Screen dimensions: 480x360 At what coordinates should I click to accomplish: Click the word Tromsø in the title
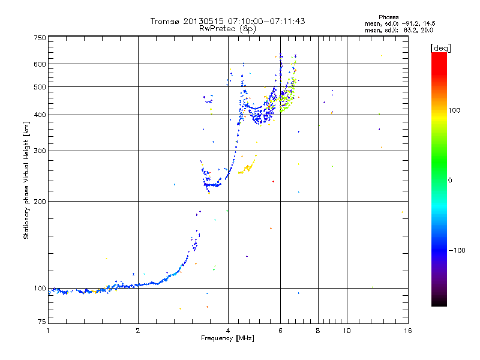pos(164,21)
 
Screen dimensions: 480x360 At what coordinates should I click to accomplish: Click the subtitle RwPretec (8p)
pos(227,29)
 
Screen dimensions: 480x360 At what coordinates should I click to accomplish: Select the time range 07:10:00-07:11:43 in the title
pos(266,21)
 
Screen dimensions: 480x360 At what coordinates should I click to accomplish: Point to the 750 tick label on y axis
pos(40,38)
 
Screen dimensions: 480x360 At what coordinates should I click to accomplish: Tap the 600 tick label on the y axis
pos(40,64)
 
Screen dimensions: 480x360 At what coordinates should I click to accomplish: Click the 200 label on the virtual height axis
pos(40,202)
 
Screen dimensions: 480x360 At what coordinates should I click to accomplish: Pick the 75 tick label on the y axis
pos(42,322)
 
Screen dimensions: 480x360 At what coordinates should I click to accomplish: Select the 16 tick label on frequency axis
pos(408,331)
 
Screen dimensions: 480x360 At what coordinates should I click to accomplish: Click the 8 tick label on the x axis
pos(318,331)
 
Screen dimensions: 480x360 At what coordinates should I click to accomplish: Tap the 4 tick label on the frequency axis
pos(228,331)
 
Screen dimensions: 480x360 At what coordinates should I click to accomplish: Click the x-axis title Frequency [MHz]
pos(227,338)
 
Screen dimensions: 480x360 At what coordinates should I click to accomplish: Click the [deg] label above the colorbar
pos(440,48)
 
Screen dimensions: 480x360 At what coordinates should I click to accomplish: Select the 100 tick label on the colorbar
pos(454,110)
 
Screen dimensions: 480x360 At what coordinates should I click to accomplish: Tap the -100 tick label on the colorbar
pos(457,250)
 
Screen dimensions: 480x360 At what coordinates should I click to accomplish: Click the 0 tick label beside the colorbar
pos(450,181)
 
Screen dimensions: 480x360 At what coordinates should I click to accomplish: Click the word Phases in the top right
pos(388,17)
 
